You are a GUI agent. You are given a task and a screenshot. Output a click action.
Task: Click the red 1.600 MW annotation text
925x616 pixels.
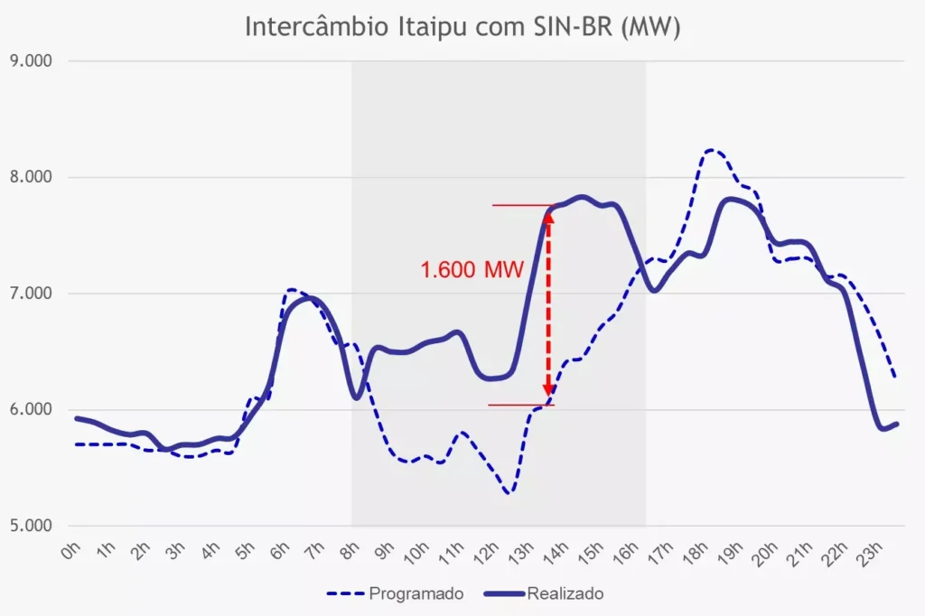click(x=472, y=270)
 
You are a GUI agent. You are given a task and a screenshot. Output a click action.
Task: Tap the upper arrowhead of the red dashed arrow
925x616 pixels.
click(x=548, y=217)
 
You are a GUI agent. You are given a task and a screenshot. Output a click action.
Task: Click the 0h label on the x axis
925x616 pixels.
click(x=73, y=551)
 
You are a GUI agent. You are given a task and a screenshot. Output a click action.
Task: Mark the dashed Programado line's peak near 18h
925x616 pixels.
click(x=712, y=150)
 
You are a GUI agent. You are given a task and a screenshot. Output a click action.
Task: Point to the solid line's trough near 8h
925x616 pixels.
click(x=357, y=397)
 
